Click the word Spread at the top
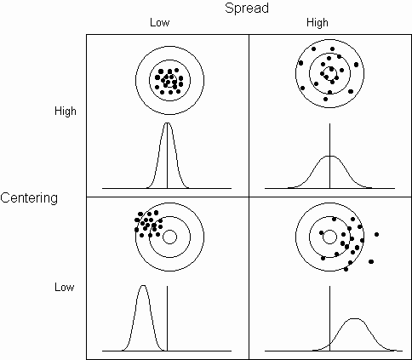(247, 9)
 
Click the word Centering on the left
(29, 198)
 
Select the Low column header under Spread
(160, 23)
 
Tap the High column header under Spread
(318, 23)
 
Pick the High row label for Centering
(66, 111)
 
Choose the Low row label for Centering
(65, 287)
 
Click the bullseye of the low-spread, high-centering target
(169, 81)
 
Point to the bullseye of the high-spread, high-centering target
(329, 73)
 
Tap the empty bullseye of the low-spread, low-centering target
(169, 237)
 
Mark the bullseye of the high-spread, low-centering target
(329, 237)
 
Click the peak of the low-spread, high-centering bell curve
(168, 123)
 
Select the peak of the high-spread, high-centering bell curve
(329, 157)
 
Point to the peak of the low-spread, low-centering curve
(143, 286)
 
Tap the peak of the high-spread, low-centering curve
(354, 319)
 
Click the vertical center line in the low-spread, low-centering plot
(168, 318)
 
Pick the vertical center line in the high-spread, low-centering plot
(329, 318)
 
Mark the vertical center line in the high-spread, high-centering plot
(329, 156)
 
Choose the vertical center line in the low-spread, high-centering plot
(168, 156)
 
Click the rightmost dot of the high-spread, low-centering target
(376, 234)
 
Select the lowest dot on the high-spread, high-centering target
(325, 99)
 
